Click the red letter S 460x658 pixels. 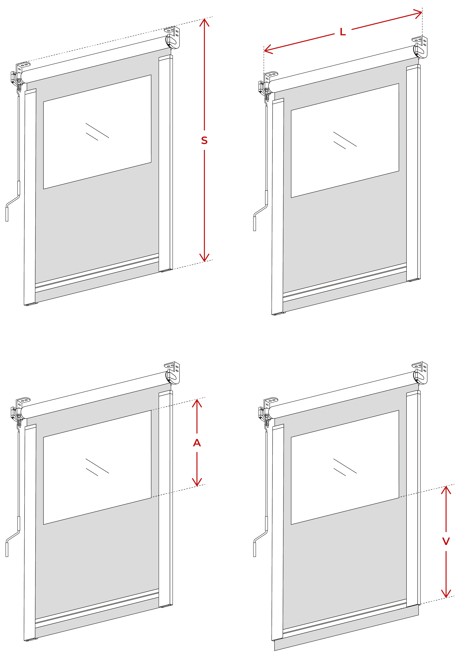point(204,140)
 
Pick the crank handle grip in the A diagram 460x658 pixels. point(7,549)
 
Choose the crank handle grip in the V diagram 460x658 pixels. point(255,549)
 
